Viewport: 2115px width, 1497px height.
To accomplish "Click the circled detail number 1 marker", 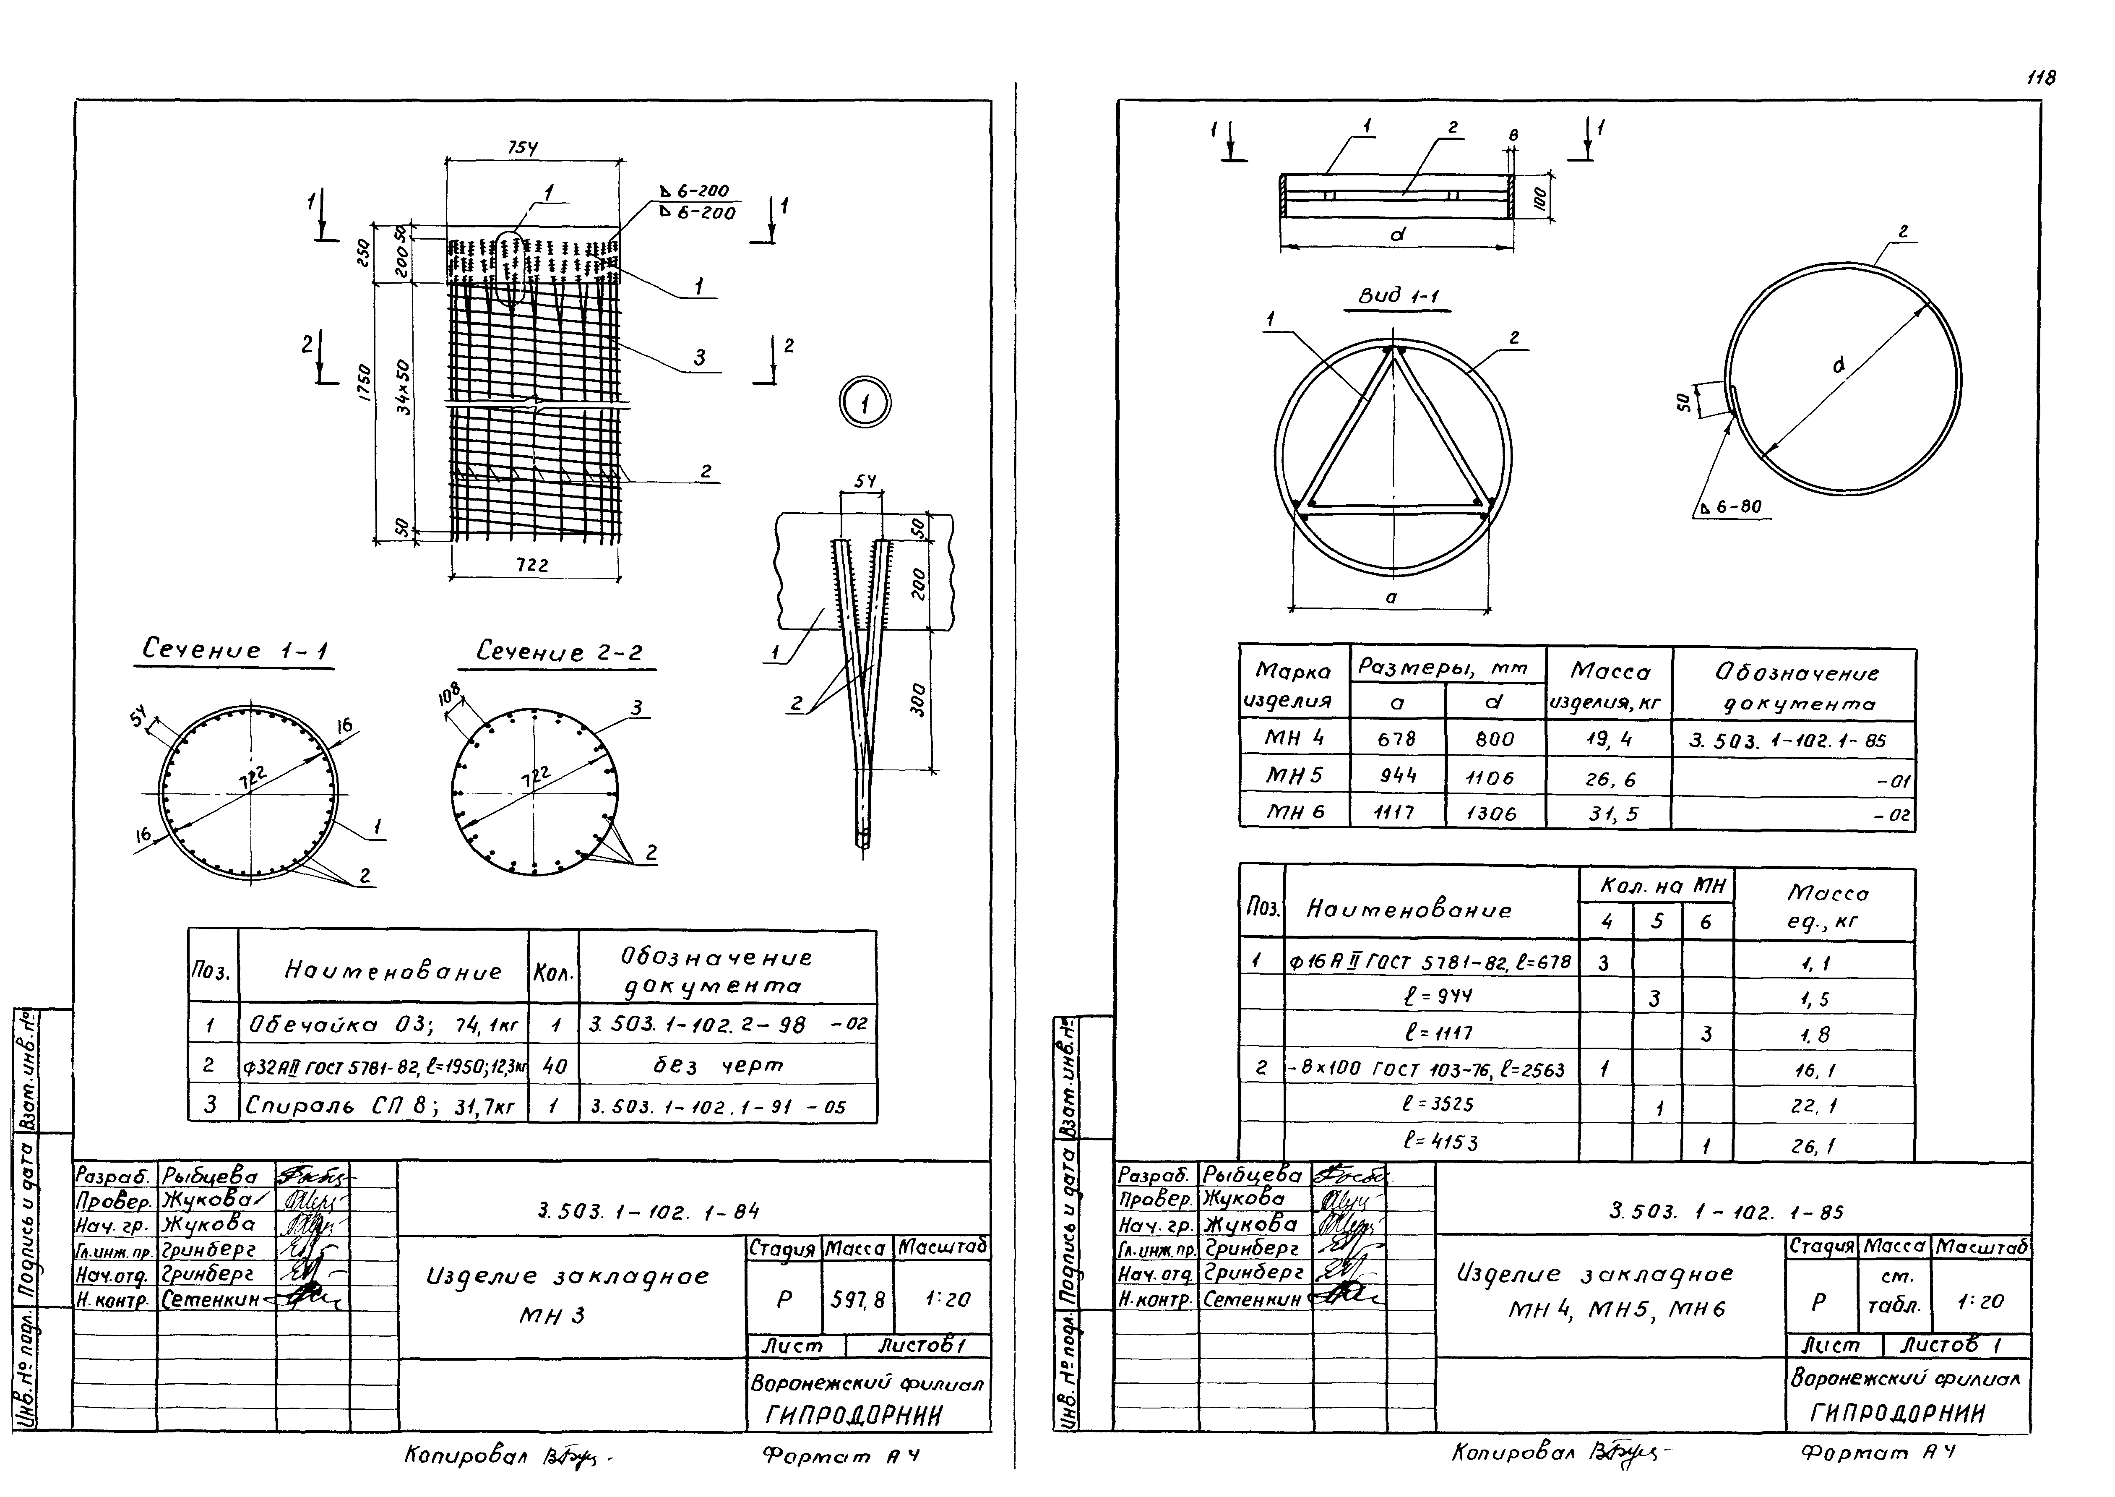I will click(865, 404).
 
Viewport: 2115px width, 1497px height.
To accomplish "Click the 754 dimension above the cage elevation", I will click(523, 148).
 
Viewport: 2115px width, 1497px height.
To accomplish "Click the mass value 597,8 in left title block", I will click(857, 1300).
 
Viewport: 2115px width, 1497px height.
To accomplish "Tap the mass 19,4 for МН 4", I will click(1609, 738).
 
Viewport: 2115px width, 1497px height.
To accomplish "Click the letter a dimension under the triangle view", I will click(1391, 597).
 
